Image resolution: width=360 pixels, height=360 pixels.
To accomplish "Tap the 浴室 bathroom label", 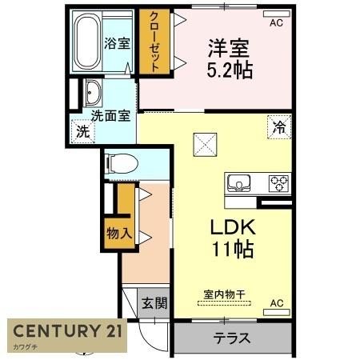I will (118, 43).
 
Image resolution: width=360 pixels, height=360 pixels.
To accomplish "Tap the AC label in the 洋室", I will (276, 23).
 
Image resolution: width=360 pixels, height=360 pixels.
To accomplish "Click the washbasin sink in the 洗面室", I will (93, 92).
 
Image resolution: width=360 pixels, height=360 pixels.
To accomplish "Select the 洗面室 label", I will (110, 115).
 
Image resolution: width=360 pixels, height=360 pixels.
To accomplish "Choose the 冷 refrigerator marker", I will (279, 126).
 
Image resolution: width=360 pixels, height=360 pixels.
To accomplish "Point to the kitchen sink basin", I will (241, 182).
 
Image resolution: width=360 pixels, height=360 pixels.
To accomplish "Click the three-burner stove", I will (278, 182).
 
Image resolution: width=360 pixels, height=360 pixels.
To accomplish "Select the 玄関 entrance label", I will (154, 303).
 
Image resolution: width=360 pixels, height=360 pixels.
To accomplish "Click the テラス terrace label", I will (231, 337).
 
